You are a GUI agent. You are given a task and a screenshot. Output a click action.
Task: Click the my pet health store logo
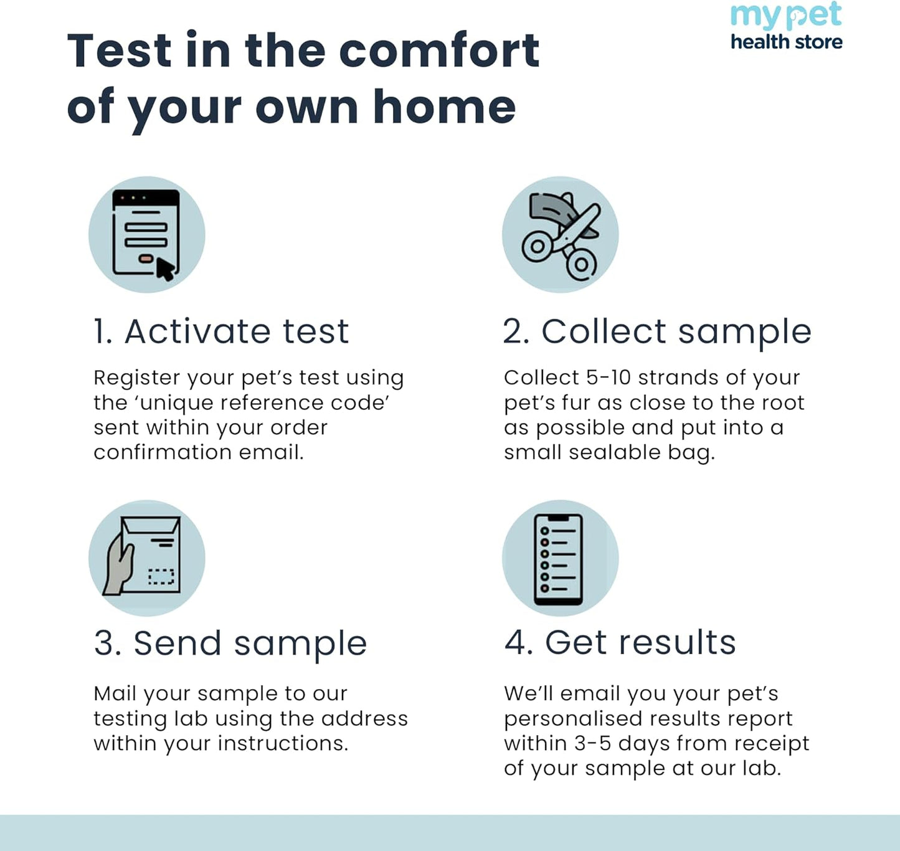(x=786, y=26)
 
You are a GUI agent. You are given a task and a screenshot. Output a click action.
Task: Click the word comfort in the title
(x=439, y=50)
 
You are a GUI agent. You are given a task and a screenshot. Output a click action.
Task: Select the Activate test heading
(x=221, y=331)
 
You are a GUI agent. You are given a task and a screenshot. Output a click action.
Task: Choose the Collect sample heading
(x=657, y=331)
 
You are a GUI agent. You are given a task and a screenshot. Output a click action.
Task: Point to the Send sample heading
(x=230, y=643)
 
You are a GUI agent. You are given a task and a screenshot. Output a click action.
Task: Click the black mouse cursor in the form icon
(x=165, y=269)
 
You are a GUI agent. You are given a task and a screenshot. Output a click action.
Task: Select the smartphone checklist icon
(x=559, y=559)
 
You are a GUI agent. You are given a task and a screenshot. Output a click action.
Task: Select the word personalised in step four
(x=567, y=719)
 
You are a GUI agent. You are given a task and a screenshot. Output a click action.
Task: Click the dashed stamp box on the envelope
(x=161, y=577)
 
